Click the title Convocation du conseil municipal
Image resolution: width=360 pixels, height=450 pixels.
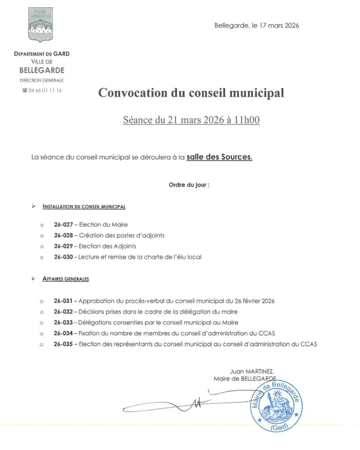[191, 93]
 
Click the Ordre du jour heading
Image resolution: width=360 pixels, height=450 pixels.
[189, 185]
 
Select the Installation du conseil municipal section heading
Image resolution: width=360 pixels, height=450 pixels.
[84, 206]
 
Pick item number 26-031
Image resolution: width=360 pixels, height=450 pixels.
[63, 301]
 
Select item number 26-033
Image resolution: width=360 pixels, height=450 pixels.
[63, 323]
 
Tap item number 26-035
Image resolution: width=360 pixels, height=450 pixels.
[63, 345]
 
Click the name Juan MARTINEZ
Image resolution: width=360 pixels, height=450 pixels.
[252, 371]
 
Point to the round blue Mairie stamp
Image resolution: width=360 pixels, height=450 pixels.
[276, 406]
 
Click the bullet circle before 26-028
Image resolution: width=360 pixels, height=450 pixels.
[42, 236]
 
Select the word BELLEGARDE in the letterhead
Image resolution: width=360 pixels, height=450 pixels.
[42, 70]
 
